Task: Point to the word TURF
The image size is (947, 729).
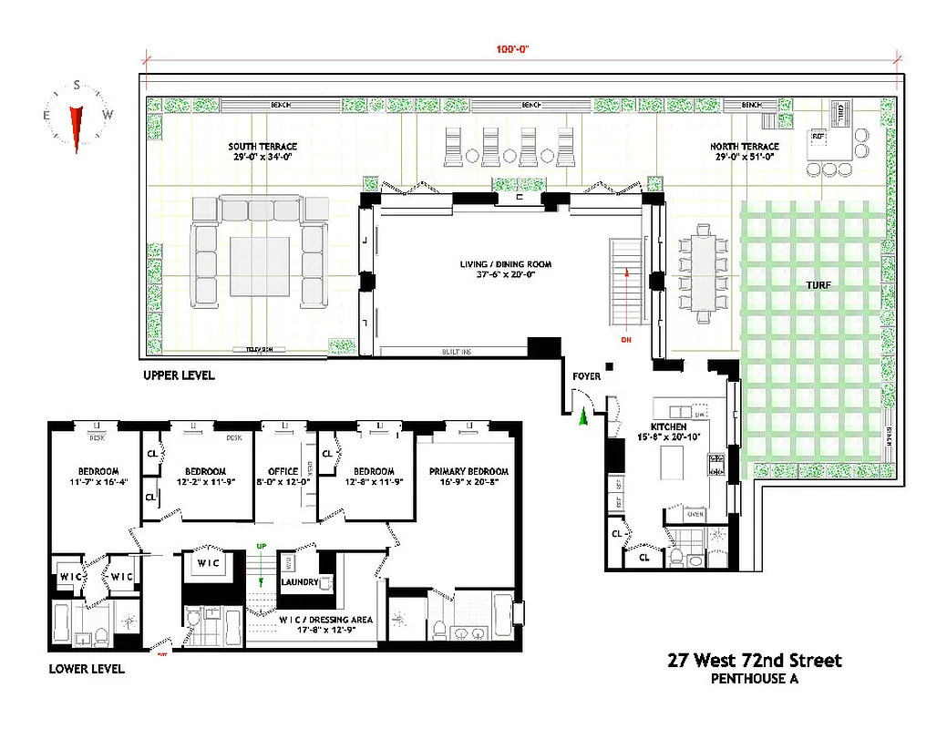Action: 818,285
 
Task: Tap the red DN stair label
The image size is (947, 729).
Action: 626,340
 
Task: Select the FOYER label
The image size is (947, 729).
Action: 585,375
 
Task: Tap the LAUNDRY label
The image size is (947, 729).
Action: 300,582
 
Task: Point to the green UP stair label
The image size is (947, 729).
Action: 262,547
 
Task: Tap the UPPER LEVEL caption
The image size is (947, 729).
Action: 179,375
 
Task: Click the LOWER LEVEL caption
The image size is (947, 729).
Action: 87,669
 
